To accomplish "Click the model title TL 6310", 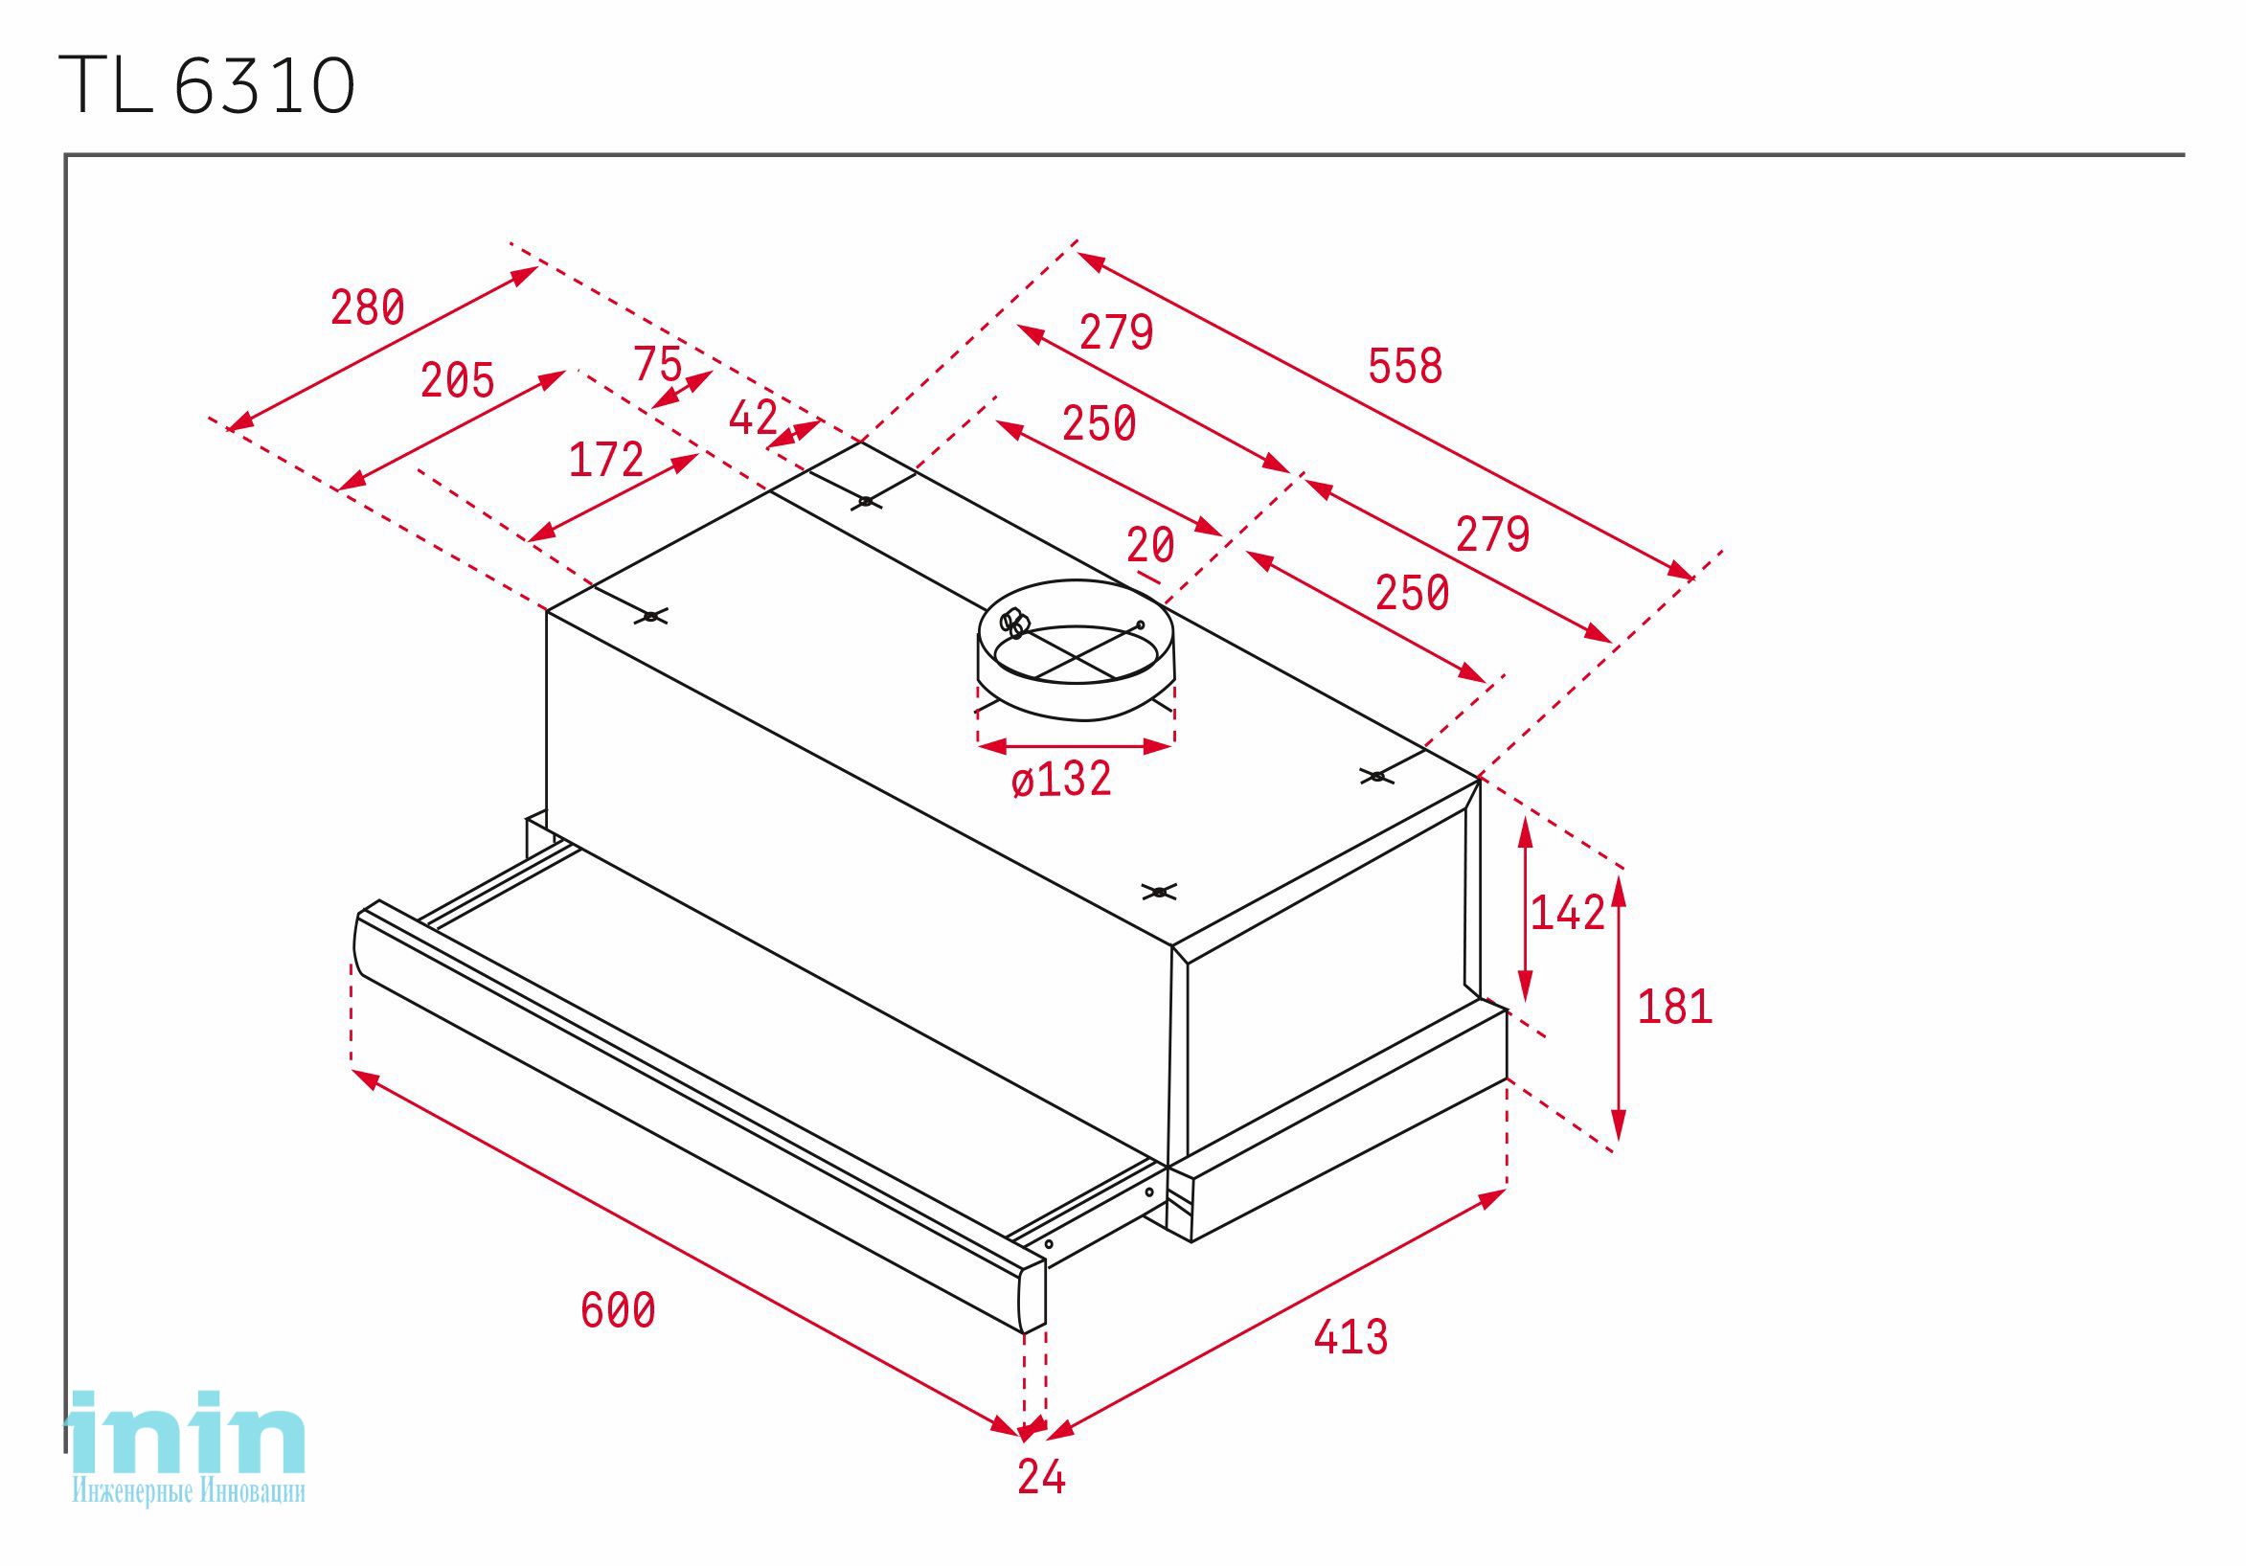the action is [x=207, y=85].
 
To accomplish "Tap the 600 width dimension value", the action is [x=617, y=1310].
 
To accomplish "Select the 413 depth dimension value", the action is [x=1350, y=1337].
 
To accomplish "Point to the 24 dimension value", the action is [x=1041, y=1477].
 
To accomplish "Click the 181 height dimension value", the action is [x=1675, y=1007].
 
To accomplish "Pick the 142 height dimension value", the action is [x=1567, y=913].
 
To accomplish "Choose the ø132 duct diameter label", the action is [x=1061, y=780].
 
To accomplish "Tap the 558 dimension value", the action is [x=1405, y=366].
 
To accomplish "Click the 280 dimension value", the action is [x=367, y=307].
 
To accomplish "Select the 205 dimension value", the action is [x=457, y=379].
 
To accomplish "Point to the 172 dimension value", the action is [x=605, y=459].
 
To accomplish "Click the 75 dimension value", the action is [x=657, y=364].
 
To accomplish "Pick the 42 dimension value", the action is [x=753, y=419].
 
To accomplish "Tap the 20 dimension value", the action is [x=1149, y=545].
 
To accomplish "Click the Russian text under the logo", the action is [x=188, y=1490].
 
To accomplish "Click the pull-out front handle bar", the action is [x=698, y=1115].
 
